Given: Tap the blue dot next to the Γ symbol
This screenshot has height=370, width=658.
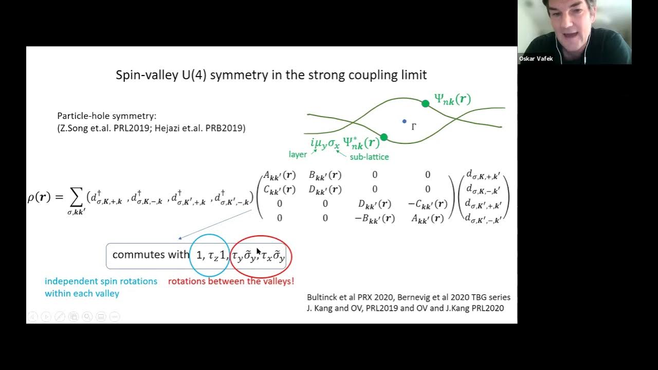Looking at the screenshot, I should click(405, 122).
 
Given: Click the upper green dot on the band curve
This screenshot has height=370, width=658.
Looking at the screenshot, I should click(425, 103).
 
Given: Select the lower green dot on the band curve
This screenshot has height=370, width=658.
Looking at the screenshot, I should click(383, 137).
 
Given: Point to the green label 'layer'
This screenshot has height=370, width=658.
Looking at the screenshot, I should click(298, 154).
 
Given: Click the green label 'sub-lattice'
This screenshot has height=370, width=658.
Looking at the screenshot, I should click(369, 157).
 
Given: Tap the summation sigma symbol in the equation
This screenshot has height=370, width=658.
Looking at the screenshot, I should click(76, 197).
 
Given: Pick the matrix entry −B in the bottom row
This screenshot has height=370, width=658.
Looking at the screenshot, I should click(374, 218).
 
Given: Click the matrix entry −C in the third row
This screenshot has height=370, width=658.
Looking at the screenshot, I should click(427, 204).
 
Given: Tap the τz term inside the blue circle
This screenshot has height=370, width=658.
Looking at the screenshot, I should click(213, 255).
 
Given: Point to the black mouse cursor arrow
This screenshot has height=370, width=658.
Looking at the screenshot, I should click(259, 251).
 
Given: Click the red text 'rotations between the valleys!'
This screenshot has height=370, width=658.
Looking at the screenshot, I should click(231, 281).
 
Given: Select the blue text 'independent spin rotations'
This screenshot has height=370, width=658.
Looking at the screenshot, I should click(101, 281).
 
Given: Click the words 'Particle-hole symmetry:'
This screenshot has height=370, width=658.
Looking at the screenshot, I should click(106, 116).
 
